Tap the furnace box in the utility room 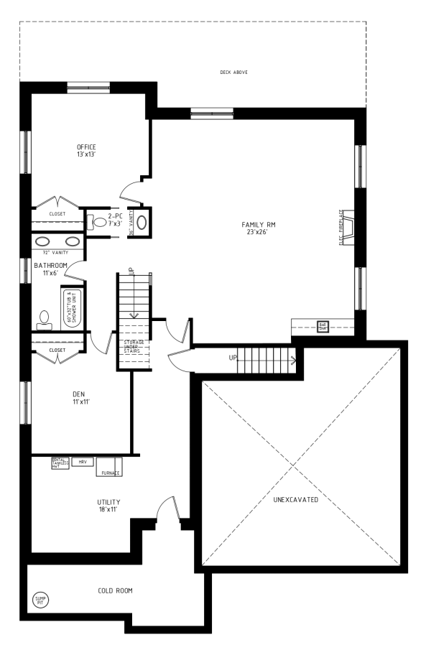[109, 467]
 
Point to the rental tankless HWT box [59, 463]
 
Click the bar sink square [323, 325]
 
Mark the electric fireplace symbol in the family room [347, 227]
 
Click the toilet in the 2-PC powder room [97, 223]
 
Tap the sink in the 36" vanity [142, 222]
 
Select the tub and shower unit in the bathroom [73, 307]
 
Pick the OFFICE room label [86, 150]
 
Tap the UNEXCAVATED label [295, 498]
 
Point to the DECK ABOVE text [233, 73]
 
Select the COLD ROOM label [115, 591]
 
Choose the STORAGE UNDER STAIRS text [134, 346]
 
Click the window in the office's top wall [88, 88]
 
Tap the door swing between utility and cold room [167, 511]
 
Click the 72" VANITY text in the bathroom [55, 253]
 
